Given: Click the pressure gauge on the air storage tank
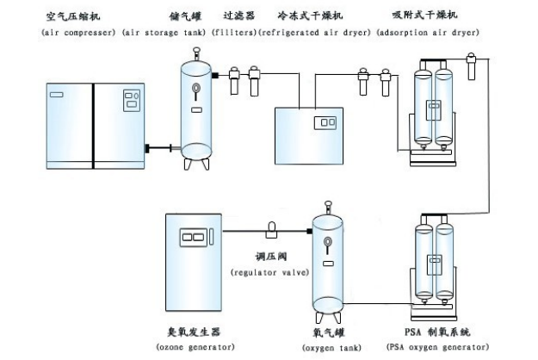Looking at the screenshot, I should (x=197, y=87).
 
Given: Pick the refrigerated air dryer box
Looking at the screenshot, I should (x=306, y=133).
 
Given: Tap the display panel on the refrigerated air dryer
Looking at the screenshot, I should (x=325, y=122).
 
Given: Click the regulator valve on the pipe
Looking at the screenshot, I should (x=273, y=228).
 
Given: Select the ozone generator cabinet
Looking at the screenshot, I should (x=195, y=264).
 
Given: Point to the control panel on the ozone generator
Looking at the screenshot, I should (x=195, y=237).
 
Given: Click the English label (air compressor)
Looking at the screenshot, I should (x=79, y=33).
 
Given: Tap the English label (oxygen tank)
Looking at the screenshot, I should (x=330, y=347).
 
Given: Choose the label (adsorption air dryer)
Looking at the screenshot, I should (x=428, y=33).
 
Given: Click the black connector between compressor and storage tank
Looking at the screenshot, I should (x=154, y=150).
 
